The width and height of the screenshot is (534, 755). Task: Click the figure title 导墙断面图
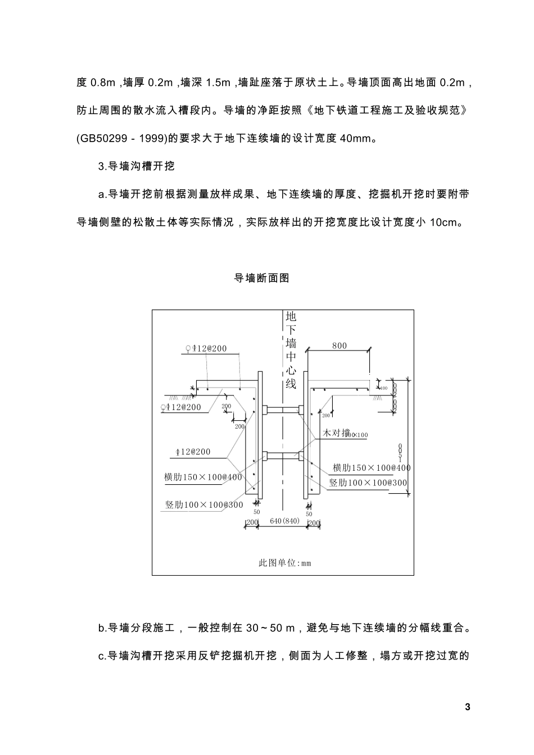point(261,278)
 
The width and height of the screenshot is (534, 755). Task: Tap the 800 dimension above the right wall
point(340,346)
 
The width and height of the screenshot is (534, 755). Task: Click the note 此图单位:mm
point(284,563)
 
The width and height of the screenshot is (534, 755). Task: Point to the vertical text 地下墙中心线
point(291,350)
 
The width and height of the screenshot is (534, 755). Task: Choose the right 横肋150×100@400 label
point(372,468)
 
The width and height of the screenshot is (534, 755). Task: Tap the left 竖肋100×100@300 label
point(204,504)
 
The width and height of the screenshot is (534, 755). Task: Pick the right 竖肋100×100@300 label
point(368,483)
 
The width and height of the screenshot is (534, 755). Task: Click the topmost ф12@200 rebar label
point(206,348)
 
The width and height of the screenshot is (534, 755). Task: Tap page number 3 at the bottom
point(467,707)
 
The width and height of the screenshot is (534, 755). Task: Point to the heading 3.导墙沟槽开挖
point(137,166)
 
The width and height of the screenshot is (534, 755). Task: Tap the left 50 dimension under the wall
point(256,512)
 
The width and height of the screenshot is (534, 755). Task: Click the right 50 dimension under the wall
point(309,514)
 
